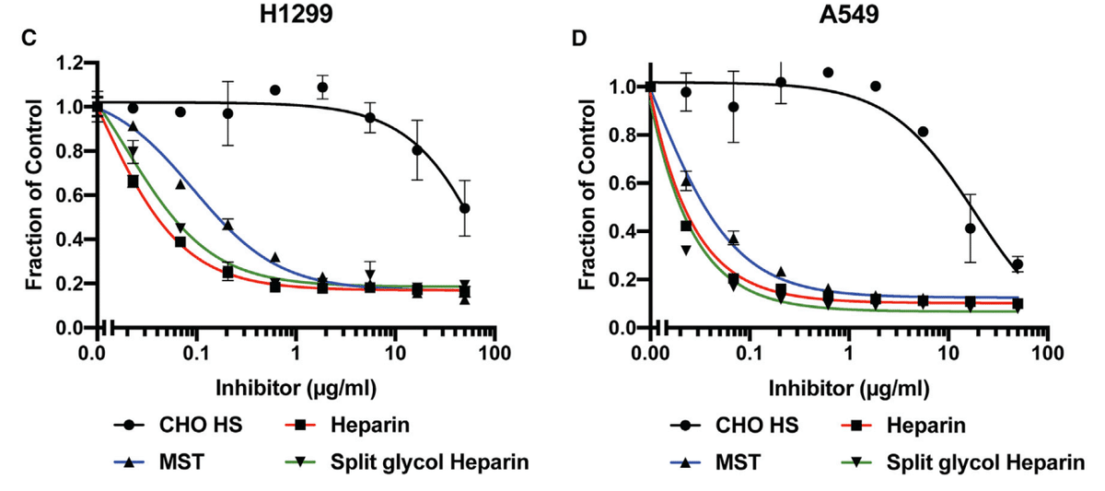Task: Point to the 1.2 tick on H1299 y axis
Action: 72,63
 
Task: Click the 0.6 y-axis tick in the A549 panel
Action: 625,183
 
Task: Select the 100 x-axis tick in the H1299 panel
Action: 494,353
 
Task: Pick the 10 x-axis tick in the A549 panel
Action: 948,353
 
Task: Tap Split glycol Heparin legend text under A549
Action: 979,461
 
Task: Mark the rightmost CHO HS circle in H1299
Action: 465,208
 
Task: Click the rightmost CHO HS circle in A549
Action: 1018,264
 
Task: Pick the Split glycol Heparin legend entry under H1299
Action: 425,461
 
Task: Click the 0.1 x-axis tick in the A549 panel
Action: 749,353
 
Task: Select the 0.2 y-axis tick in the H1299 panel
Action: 72,284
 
